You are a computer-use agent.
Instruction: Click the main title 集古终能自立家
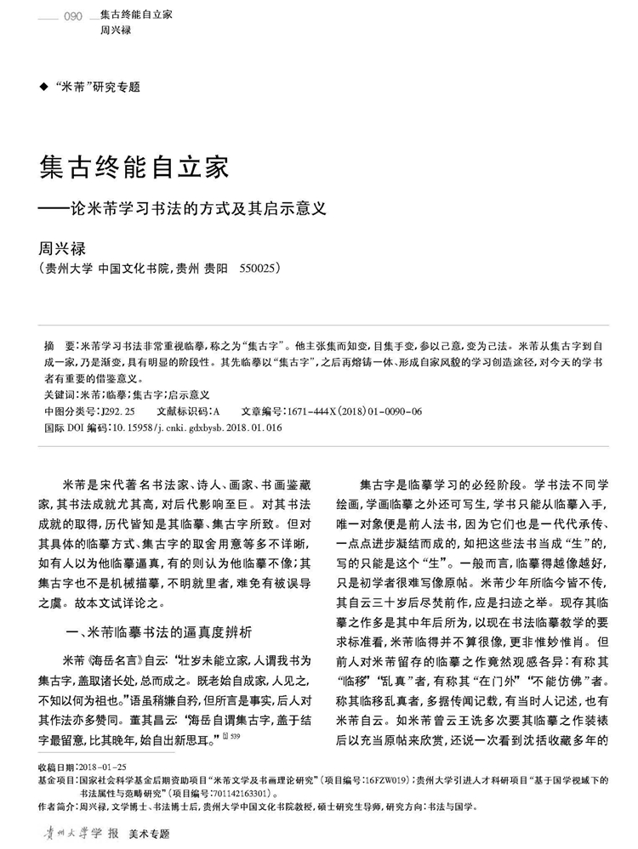click(134, 166)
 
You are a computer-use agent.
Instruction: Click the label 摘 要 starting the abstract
click(60, 348)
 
